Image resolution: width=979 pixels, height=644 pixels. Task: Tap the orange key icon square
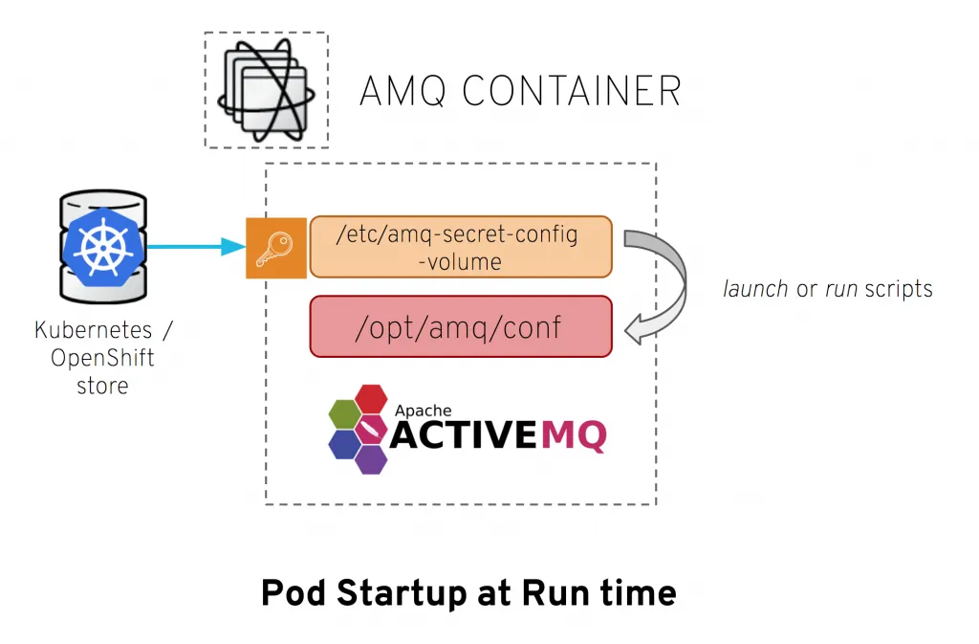pos(276,248)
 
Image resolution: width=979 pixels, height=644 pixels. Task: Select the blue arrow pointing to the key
pos(196,247)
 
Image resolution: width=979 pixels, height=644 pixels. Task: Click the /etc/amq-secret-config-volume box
pos(460,247)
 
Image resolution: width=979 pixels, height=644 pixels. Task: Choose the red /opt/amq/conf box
pos(460,326)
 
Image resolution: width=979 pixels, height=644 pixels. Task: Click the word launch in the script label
pos(755,288)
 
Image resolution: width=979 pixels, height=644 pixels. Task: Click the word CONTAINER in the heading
pos(572,92)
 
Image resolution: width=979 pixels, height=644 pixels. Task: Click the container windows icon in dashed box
pos(265,90)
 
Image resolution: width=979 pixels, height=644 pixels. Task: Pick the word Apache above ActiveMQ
pos(423,411)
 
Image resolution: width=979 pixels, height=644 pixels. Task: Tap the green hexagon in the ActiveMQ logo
pos(345,414)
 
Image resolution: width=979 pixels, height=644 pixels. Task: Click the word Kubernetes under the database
pos(93,331)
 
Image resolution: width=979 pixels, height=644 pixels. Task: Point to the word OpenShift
pos(102,359)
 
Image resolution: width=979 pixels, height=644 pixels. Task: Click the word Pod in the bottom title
pos(290,593)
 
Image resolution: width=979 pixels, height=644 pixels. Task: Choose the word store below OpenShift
pos(102,387)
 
